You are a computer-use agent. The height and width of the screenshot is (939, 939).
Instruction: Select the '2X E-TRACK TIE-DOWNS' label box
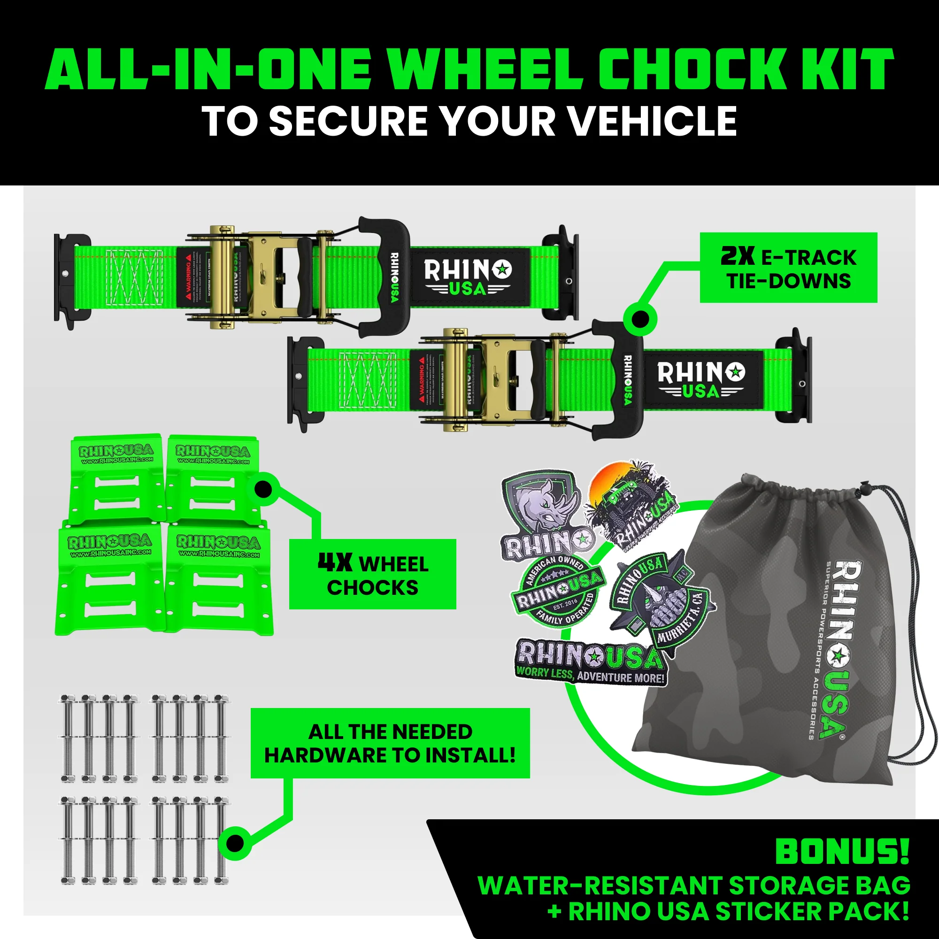tap(788, 268)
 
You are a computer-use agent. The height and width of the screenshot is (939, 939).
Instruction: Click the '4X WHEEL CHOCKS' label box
tap(372, 574)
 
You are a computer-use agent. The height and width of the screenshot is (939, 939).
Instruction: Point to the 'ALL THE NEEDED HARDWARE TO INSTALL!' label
tap(390, 743)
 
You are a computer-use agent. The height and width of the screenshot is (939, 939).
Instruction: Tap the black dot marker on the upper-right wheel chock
tap(263, 489)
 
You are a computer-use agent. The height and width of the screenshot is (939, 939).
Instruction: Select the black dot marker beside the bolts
tap(235, 843)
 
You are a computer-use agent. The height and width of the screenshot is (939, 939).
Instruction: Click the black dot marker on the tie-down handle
tap(640, 320)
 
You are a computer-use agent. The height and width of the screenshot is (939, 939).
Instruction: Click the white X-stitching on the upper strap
tap(134, 277)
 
